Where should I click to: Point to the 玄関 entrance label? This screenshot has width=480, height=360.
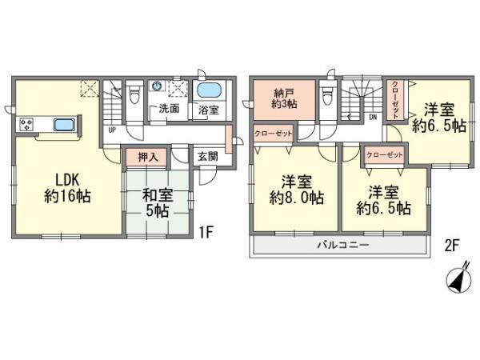[x=207, y=158]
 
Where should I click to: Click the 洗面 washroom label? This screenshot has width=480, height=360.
[x=168, y=109]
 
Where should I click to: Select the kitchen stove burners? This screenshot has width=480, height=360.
[x=26, y=125]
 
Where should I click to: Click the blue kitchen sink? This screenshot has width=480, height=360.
[x=63, y=125]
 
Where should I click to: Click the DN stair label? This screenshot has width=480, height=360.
[x=372, y=118]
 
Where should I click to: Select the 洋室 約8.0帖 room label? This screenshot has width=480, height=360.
[x=295, y=190]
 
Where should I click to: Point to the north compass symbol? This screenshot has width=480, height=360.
[x=454, y=281]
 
